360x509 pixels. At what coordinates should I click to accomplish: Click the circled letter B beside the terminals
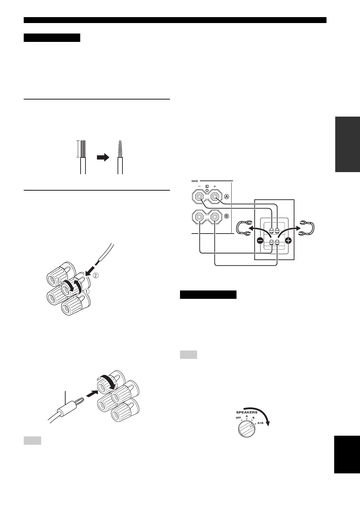coord(226,216)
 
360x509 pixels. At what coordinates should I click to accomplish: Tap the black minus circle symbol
coord(260,240)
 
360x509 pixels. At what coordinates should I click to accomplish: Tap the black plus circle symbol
coord(288,240)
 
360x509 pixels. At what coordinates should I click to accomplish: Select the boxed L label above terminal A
coord(207,186)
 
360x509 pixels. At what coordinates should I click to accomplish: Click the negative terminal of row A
coord(199,198)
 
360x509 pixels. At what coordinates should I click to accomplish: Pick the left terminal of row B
coord(199,217)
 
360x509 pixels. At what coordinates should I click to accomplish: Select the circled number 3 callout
coord(59,280)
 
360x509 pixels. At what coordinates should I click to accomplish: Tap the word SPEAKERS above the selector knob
coord(247,412)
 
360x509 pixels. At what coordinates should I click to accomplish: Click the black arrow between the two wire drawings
coord(103,157)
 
